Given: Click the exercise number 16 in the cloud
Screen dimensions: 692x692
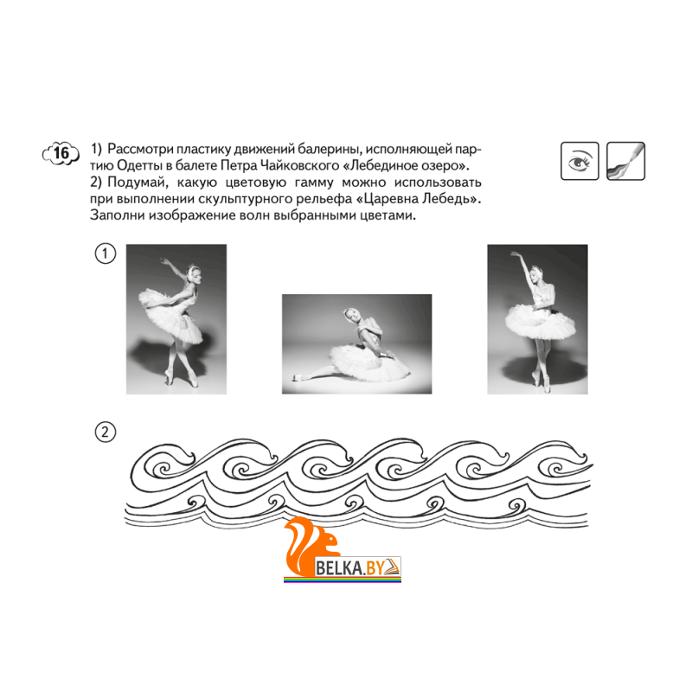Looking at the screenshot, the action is coord(61,153).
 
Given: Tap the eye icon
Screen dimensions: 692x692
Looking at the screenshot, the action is coord(580,161).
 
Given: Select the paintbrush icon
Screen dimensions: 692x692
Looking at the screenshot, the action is coord(625,161).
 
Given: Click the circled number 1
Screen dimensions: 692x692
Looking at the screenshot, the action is coord(105,253).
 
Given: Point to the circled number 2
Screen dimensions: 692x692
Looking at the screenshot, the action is coord(105,432).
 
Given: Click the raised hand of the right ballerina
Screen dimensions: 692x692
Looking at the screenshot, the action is coord(515,254).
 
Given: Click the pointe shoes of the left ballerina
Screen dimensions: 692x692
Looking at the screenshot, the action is coord(182,379).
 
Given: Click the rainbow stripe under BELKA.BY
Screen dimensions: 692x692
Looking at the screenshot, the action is coord(343,580).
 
